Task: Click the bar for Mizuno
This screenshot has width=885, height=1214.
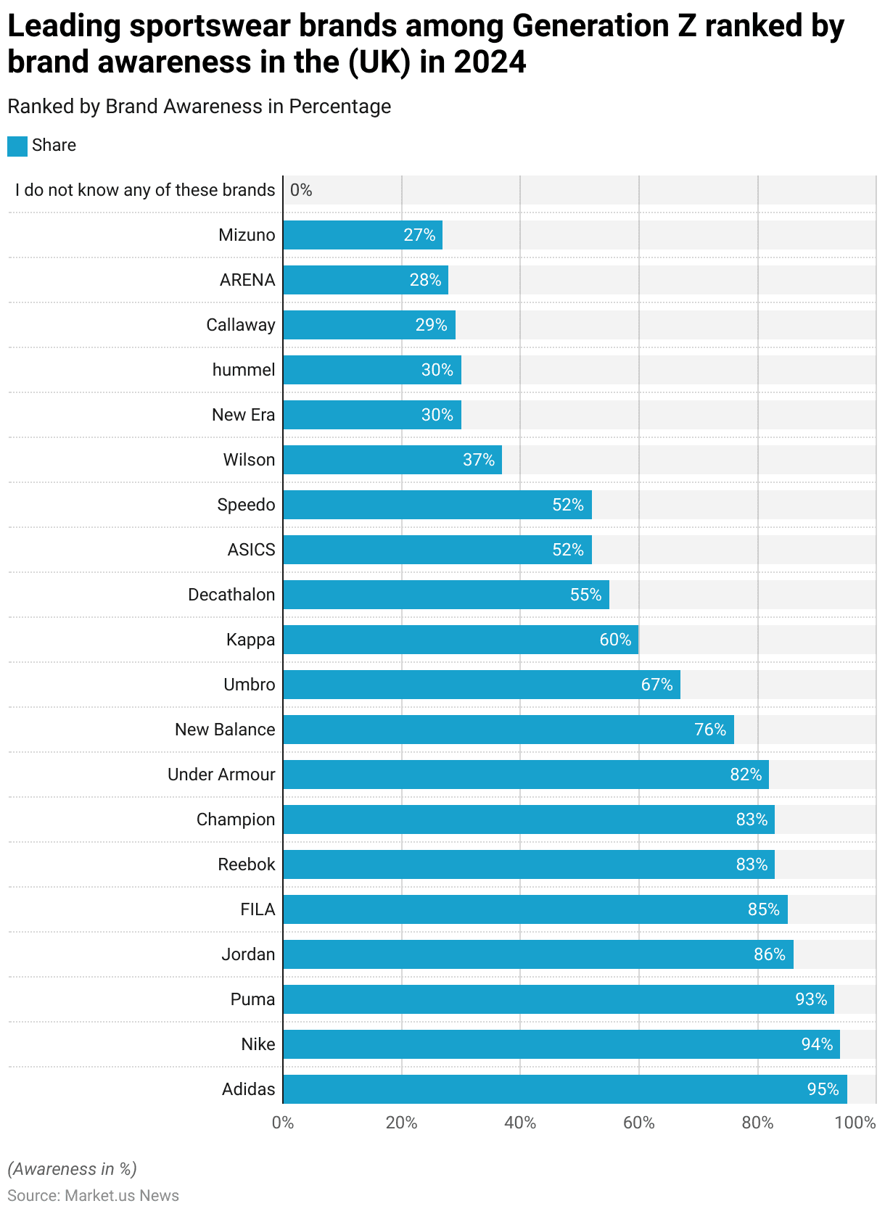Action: click(363, 235)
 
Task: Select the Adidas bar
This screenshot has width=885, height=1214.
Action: click(565, 1089)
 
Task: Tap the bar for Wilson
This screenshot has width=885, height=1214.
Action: click(392, 460)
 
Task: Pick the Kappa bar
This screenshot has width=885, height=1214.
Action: click(461, 640)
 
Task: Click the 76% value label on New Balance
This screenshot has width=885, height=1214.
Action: click(710, 730)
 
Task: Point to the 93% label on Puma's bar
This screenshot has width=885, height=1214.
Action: click(811, 999)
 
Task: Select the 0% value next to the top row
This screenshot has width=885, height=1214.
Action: click(301, 190)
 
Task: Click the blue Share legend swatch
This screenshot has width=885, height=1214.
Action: click(17, 146)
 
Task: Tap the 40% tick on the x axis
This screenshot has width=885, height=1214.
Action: click(520, 1123)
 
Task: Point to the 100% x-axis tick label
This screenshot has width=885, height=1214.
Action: click(855, 1123)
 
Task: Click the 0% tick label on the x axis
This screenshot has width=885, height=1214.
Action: click(283, 1123)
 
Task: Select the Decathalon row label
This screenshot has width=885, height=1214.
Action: click(231, 595)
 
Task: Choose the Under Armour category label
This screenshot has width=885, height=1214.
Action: click(221, 775)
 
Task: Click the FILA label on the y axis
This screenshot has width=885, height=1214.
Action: click(258, 909)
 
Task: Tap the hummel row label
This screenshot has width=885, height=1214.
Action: click(244, 370)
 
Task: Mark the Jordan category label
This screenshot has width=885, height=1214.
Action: click(248, 954)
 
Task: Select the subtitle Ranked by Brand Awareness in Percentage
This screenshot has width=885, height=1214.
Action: click(199, 107)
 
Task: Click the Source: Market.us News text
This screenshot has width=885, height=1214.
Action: click(94, 1195)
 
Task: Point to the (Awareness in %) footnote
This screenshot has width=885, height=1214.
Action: click(73, 1169)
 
